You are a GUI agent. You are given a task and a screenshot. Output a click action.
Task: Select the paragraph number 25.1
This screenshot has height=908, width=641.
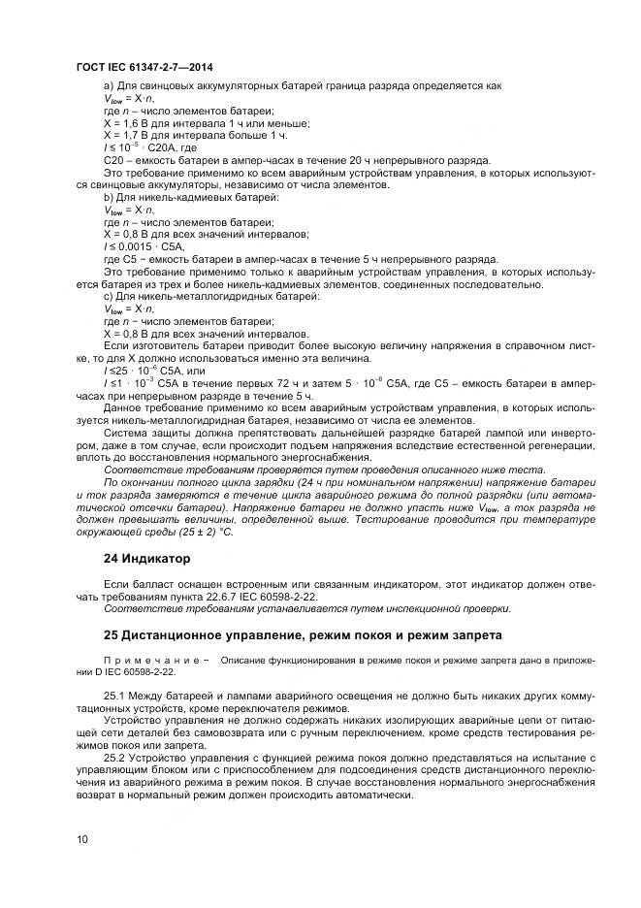tap(114, 697)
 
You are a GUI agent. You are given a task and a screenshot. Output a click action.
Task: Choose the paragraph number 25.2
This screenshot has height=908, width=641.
tap(114, 758)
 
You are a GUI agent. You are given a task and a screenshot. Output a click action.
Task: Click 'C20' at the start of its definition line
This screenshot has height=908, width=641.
tap(114, 159)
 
